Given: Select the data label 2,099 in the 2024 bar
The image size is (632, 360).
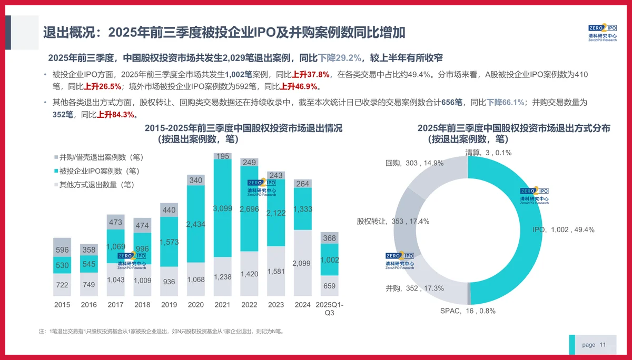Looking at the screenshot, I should click(x=302, y=263).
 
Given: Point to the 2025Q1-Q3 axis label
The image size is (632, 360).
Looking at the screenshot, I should click(x=329, y=308).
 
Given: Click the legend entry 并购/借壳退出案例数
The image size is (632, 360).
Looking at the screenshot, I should click(x=97, y=157).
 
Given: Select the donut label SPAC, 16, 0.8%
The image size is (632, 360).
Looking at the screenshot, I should click(x=468, y=311).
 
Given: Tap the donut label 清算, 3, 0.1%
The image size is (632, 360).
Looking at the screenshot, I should click(x=488, y=153).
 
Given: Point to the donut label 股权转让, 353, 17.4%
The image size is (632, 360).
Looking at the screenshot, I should click(x=393, y=222).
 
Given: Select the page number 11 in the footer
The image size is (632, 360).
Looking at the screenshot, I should click(x=603, y=345).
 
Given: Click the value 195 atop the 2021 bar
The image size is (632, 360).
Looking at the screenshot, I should click(x=222, y=156).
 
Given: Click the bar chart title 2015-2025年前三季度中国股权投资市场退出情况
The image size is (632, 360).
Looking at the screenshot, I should click(x=243, y=128).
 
